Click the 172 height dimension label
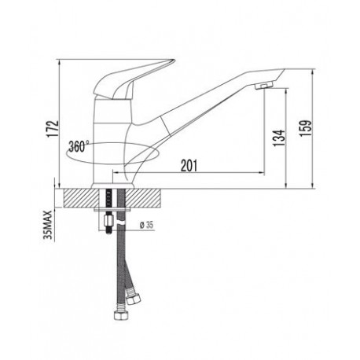tap(53, 129)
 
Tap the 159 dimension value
tap(306, 128)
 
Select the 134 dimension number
tap(278, 138)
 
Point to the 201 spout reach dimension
tap(189, 165)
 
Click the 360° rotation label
tap(79, 146)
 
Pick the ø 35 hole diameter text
tap(147, 225)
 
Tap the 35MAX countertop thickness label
tap(49, 224)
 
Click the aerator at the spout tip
tap(264, 86)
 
